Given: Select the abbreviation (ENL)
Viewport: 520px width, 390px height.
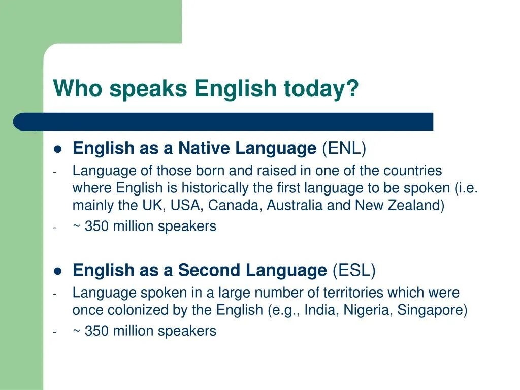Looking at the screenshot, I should point(344,148).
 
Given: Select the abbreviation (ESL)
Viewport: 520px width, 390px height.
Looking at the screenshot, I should point(354,270).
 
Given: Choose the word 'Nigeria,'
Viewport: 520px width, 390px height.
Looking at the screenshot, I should point(368,310).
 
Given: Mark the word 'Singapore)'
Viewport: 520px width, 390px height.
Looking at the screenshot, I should point(433,310).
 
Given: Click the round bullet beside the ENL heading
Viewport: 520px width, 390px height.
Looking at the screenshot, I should point(57,149).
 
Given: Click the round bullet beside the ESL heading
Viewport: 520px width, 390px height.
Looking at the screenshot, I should point(57,271).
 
